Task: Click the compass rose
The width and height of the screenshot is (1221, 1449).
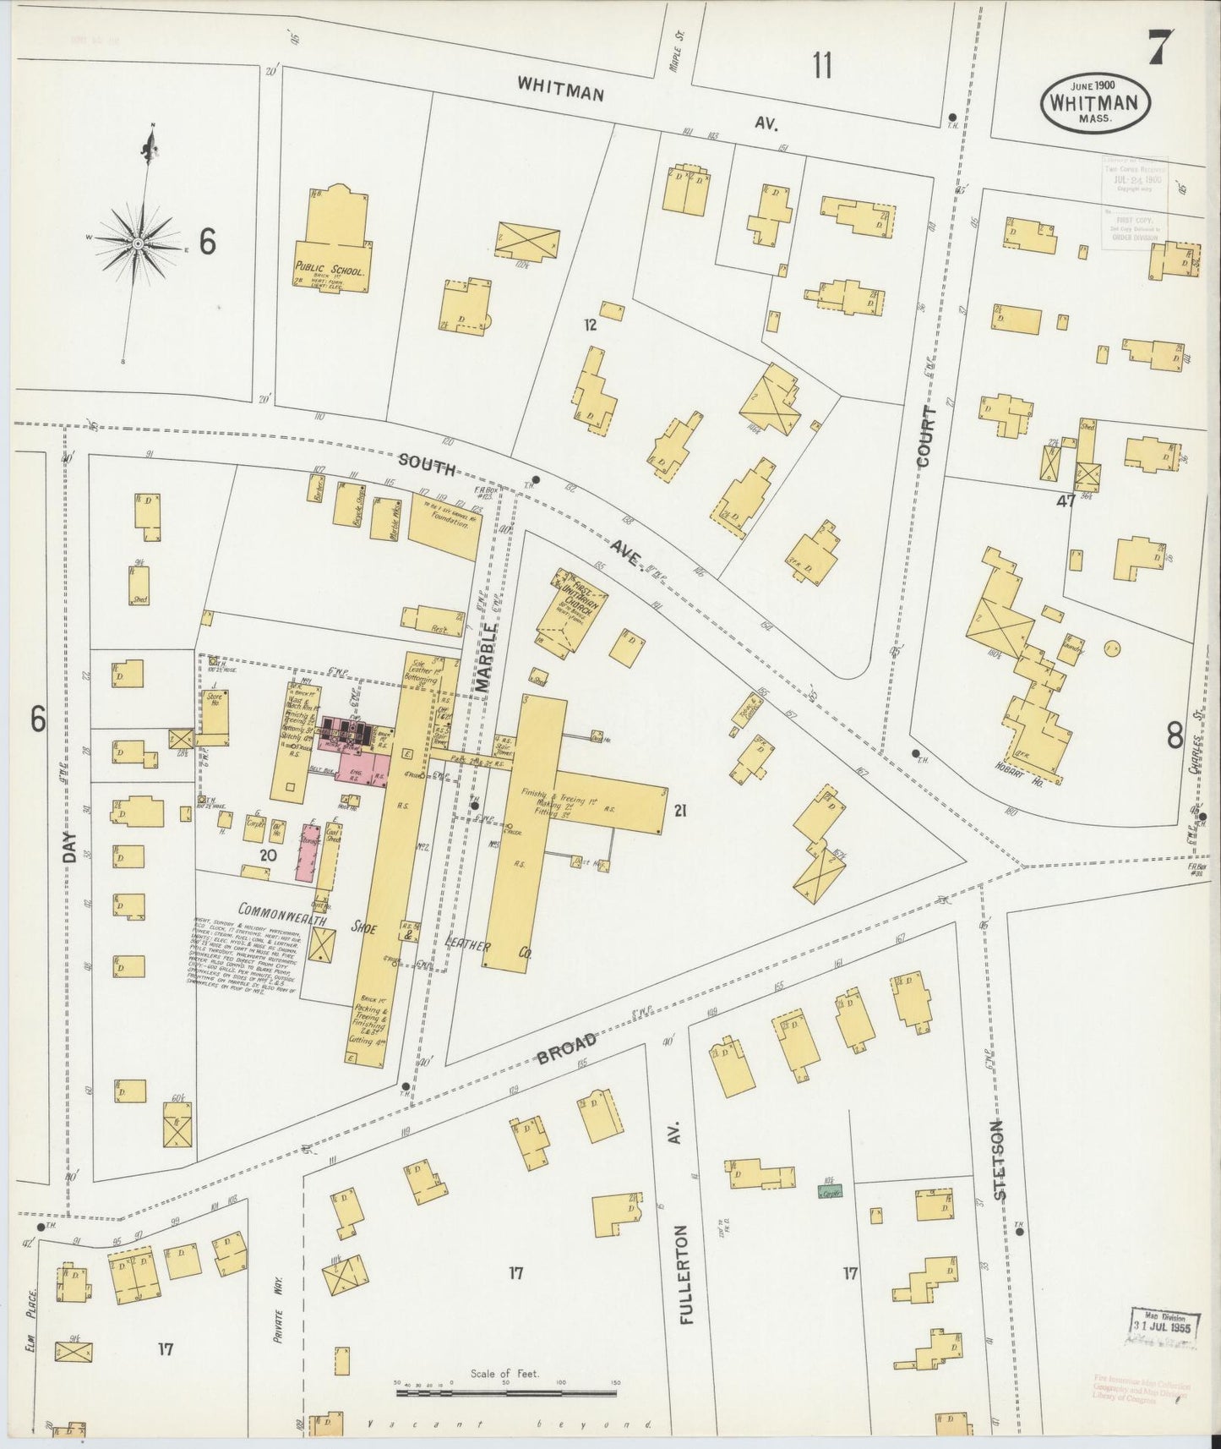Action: coord(137,242)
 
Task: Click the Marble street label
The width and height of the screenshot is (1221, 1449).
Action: coord(485,659)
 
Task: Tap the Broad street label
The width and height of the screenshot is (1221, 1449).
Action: coord(567,1049)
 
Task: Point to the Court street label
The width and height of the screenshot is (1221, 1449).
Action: coord(927,436)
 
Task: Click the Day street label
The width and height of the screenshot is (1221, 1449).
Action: coord(70,846)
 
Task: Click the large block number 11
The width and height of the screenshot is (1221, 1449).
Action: coord(821,64)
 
